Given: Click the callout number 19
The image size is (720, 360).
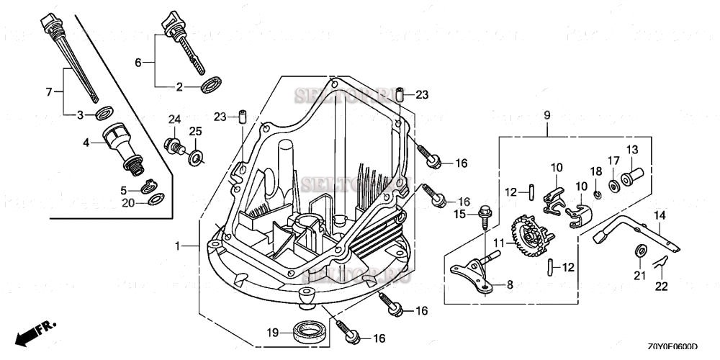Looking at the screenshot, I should click(x=272, y=332).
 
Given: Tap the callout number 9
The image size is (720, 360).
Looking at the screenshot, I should click(x=546, y=114).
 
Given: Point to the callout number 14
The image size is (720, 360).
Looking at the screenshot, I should click(x=660, y=215).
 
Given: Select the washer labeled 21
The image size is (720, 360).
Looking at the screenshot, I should click(x=640, y=251).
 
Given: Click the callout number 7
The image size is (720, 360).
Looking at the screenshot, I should click(x=50, y=91).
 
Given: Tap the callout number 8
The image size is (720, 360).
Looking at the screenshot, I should click(x=510, y=285).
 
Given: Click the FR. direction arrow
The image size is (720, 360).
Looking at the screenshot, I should click(x=36, y=332).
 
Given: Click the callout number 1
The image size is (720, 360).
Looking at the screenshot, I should click(x=176, y=246).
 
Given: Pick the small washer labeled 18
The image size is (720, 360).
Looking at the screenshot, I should click(x=597, y=193).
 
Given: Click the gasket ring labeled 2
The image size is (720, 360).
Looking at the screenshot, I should click(x=211, y=86).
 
